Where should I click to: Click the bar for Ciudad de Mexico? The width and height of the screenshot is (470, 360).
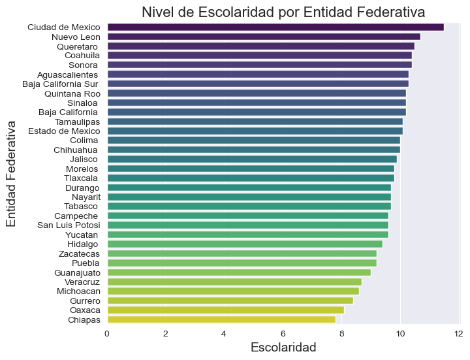[x=275, y=27]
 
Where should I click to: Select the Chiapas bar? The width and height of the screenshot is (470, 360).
[x=221, y=319]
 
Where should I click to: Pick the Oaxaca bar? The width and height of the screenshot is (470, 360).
[x=225, y=310]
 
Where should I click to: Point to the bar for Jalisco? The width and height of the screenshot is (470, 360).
[x=252, y=159]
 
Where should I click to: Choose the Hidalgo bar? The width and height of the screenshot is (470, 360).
[x=245, y=244]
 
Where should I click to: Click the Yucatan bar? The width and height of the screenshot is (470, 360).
[x=247, y=235]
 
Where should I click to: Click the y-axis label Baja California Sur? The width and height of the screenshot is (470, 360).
[x=60, y=84]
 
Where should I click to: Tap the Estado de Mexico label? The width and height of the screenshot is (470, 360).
[x=64, y=131]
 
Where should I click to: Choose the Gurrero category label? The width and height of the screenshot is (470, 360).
[x=85, y=301]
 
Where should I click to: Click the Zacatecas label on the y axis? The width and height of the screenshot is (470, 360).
[x=79, y=254]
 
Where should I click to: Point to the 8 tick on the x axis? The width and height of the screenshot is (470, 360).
[x=341, y=334]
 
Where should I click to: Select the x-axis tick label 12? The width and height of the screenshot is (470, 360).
[x=458, y=334]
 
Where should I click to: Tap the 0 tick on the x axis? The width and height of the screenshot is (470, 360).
[x=107, y=334]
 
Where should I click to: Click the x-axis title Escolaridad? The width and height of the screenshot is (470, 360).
[x=283, y=348]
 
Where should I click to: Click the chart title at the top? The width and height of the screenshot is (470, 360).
[x=283, y=12]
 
